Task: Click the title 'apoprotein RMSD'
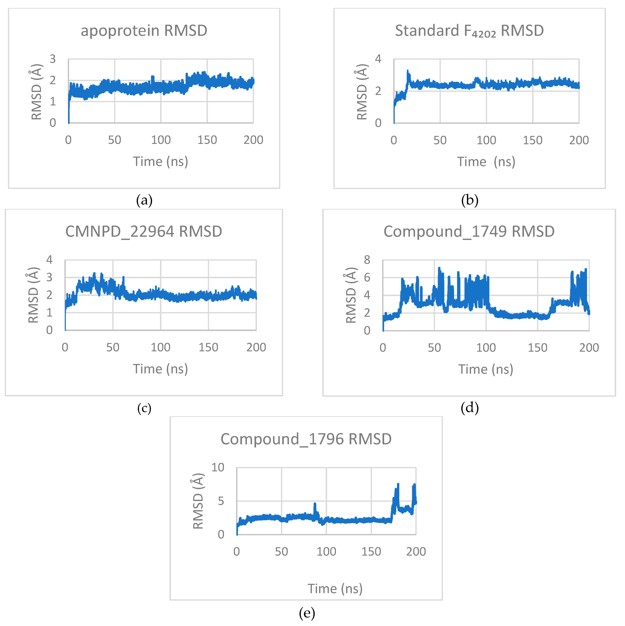(x=144, y=31)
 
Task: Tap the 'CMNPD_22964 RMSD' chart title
(x=144, y=232)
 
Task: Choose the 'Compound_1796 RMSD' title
(x=306, y=439)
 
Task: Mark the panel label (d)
(x=469, y=408)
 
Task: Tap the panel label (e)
(x=307, y=613)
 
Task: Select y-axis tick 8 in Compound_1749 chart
(x=367, y=260)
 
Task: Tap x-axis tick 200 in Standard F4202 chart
(x=579, y=140)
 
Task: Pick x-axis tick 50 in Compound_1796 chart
(x=281, y=552)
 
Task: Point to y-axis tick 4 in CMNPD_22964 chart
(x=49, y=260)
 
